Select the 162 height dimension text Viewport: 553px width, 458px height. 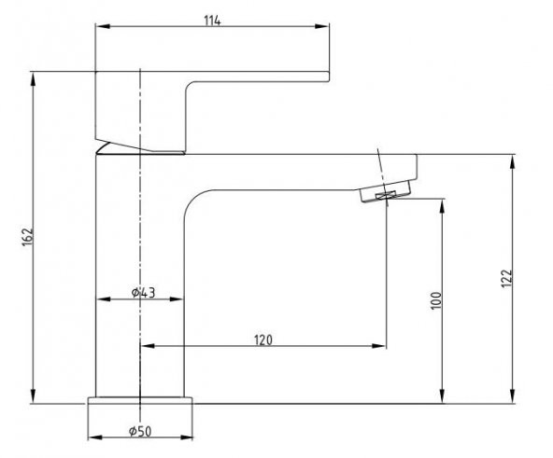coord(26,238)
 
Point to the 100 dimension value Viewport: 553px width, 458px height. coord(434,300)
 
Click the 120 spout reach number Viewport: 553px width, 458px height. coord(262,340)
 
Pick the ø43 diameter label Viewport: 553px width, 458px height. coord(143,293)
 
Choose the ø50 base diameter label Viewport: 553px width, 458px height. coord(140,430)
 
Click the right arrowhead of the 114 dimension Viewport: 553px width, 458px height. coord(327,32)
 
